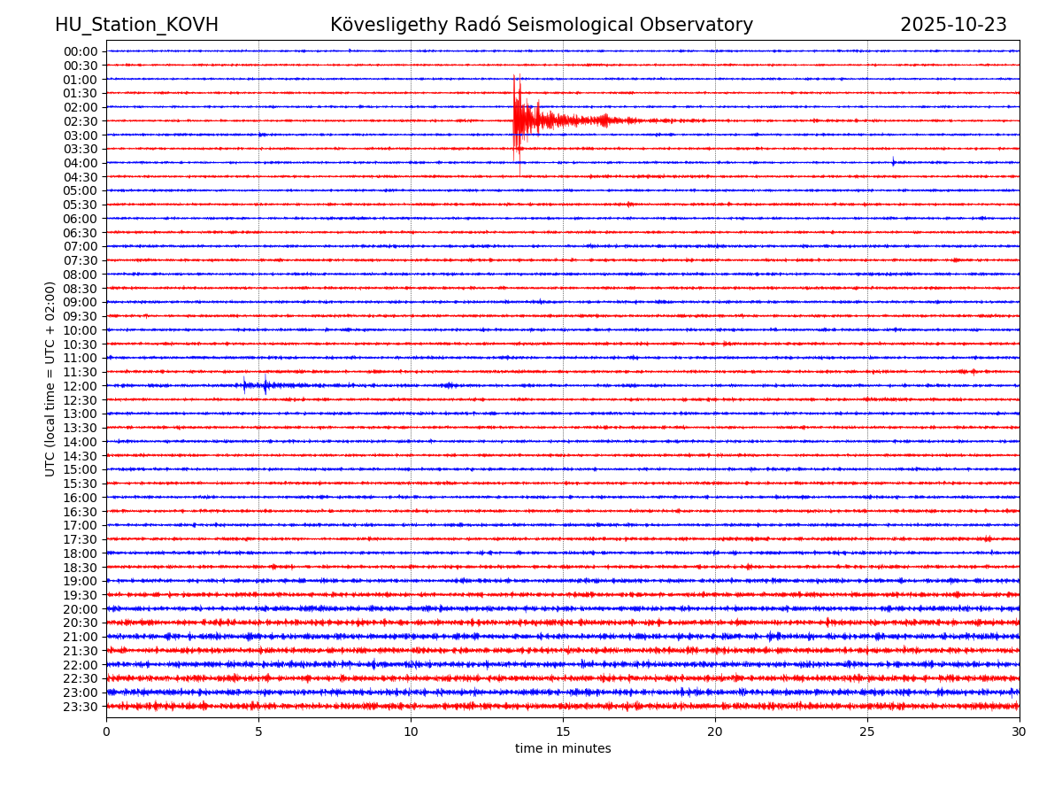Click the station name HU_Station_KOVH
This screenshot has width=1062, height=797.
pyautogui.click(x=136, y=26)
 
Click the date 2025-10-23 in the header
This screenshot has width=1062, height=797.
pyautogui.click(x=953, y=26)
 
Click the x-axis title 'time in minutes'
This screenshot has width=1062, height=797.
pyautogui.click(x=563, y=749)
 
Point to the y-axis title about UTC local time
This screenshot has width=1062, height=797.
pyautogui.click(x=50, y=378)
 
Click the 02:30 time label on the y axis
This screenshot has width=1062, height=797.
pyautogui.click(x=81, y=121)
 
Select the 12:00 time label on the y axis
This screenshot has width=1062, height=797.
pyautogui.click(x=81, y=386)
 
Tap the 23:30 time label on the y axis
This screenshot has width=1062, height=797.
pyautogui.click(x=81, y=707)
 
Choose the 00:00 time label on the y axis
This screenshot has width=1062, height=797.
pyautogui.click(x=81, y=51)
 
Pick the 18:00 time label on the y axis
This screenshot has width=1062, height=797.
pyautogui.click(x=81, y=553)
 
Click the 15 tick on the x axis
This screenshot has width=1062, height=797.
pyautogui.click(x=563, y=731)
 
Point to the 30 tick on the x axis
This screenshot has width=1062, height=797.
pyautogui.click(x=1020, y=731)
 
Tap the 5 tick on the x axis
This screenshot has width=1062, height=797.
pyautogui.click(x=258, y=731)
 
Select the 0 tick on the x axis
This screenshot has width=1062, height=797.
pyautogui.click(x=106, y=731)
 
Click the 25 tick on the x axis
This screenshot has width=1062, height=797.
pyautogui.click(x=867, y=731)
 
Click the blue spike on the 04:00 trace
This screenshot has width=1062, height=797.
pyautogui.click(x=893, y=161)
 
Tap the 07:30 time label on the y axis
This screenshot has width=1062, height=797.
pyautogui.click(x=81, y=260)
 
